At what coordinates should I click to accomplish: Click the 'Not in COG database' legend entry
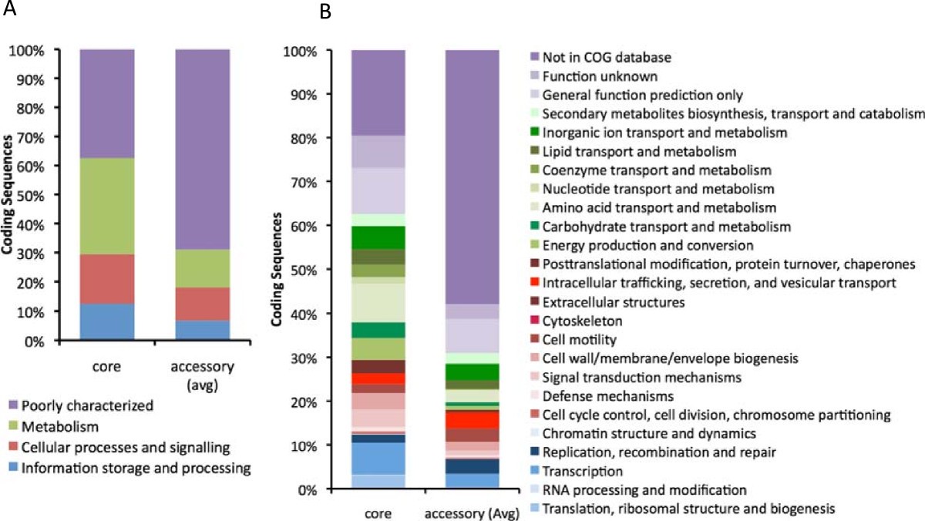[x=604, y=57]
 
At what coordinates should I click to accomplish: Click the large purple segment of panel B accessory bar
[x=473, y=176]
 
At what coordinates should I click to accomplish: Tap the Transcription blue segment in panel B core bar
[x=378, y=458]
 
